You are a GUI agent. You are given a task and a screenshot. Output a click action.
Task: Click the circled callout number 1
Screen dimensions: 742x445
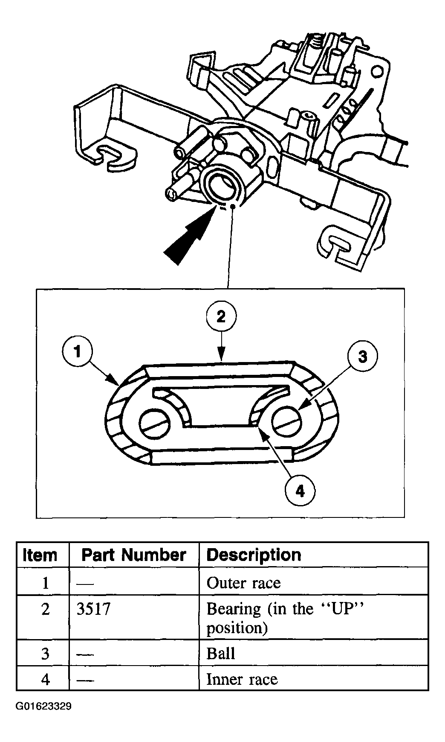coord(77,352)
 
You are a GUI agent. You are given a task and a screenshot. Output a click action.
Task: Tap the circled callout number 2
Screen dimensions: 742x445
coord(221,317)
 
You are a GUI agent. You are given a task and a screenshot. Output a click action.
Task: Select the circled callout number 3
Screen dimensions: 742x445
coord(362,356)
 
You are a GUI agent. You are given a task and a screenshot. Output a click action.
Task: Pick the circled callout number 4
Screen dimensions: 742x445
coord(301,491)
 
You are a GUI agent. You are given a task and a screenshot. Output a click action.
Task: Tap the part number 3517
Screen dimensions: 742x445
coord(93,609)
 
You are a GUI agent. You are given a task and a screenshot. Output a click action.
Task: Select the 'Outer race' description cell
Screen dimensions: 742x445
coord(243,583)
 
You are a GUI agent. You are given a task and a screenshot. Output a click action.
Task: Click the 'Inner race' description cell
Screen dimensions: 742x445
coord(242,679)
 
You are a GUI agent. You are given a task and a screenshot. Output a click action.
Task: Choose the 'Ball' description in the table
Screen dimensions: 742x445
coord(221,654)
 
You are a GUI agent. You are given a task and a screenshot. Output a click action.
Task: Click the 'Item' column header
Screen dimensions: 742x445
coord(40,555)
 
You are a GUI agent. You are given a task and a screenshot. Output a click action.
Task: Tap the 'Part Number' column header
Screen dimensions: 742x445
coord(133,555)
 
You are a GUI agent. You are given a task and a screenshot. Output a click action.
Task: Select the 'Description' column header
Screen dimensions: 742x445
coord(254,555)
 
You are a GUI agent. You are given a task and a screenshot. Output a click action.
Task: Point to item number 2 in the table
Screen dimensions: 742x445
coord(45,609)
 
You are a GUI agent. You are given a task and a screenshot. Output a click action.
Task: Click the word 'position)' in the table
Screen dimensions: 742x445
coord(237,628)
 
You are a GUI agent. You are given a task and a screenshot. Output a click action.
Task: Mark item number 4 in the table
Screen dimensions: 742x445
coord(45,679)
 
